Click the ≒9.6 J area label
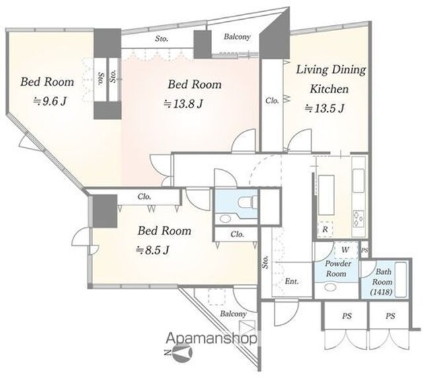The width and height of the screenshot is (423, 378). point(50,102)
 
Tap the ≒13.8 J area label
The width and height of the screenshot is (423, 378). point(183,104)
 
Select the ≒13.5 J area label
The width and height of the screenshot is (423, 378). point(325,108)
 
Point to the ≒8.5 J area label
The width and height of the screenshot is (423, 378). point(153,250)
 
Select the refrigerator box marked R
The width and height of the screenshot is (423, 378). point(325,229)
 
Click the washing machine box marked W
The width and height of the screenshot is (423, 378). point(345,250)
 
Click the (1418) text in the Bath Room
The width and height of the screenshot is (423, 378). point(381,291)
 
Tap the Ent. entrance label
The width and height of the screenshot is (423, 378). point(292,282)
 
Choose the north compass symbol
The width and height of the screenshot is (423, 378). point(179,352)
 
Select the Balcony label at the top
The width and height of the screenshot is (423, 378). point(237,36)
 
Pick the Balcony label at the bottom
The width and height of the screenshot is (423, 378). point(233,313)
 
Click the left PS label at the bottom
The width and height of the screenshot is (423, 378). point(347,316)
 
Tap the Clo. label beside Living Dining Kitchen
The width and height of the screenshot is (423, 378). point(272,100)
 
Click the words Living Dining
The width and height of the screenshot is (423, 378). point(331,70)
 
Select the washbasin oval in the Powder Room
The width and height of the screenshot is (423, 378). point(330,287)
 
